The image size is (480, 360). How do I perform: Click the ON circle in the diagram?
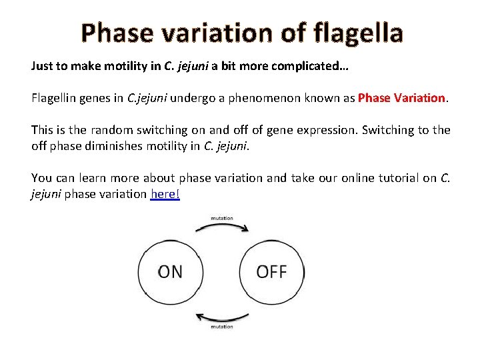[170, 272]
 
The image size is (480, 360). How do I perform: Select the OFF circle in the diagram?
[271, 272]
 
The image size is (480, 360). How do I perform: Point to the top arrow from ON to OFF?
[221, 227]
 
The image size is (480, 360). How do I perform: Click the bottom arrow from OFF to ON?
[221, 317]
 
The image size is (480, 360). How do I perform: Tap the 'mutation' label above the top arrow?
[221, 217]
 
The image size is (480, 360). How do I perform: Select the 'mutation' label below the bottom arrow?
[221, 327]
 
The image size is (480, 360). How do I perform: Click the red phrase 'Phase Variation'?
[402, 98]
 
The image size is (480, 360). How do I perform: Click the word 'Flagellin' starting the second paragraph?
[53, 98]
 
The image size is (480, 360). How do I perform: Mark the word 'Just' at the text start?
[42, 66]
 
